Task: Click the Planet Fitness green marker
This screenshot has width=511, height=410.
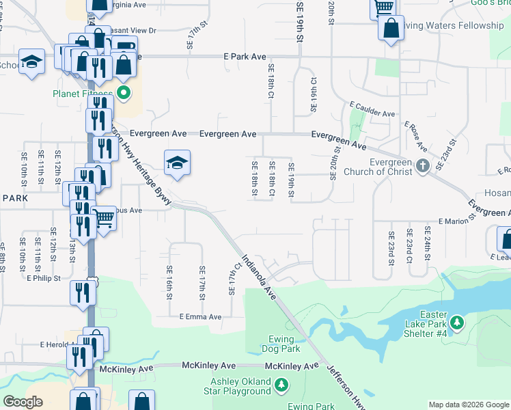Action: (x=124, y=94)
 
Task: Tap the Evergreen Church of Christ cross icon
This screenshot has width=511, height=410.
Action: (x=423, y=165)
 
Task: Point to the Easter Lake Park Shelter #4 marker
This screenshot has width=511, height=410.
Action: (x=456, y=322)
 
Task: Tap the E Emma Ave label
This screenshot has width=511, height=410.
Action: (x=201, y=317)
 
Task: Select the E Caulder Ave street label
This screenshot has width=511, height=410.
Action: (x=372, y=110)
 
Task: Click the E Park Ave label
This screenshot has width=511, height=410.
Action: (x=244, y=57)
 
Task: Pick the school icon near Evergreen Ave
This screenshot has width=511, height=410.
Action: (x=177, y=163)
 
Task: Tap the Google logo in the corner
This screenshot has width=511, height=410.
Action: (x=23, y=401)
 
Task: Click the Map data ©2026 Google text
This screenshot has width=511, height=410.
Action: (x=468, y=405)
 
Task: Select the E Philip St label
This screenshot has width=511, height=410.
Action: (x=44, y=278)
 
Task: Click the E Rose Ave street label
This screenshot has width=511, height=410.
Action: (x=415, y=137)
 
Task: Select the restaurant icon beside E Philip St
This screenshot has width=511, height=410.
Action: (x=81, y=292)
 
